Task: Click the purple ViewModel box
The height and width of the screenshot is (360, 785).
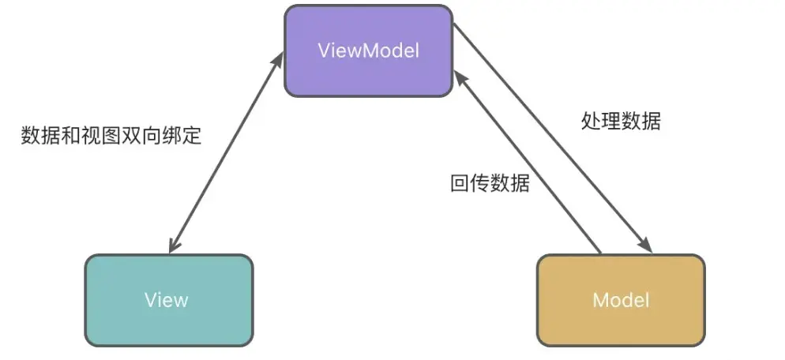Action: click(368, 51)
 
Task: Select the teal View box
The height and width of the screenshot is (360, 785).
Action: click(168, 299)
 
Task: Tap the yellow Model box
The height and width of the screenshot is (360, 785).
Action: click(621, 299)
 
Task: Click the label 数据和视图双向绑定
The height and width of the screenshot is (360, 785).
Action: click(111, 136)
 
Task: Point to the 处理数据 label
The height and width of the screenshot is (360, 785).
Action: click(621, 122)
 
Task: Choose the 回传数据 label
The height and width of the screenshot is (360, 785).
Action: click(490, 184)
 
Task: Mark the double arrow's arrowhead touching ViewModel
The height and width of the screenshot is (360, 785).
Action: click(279, 58)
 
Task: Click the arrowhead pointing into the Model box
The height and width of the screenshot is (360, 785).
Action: click(648, 246)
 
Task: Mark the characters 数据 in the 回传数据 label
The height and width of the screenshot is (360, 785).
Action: click(510, 184)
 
